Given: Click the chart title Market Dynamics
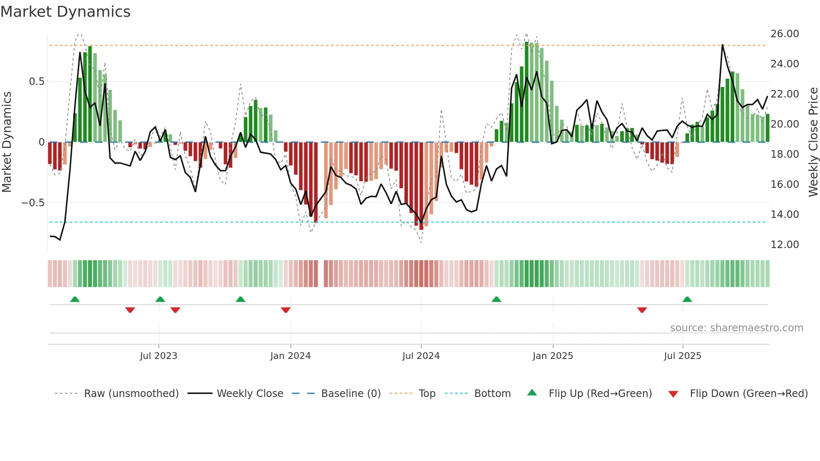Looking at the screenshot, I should (x=65, y=12).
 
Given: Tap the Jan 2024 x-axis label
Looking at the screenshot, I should (x=290, y=356).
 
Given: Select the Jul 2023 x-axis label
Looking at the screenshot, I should (x=159, y=356).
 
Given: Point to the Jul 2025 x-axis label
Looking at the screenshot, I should (x=682, y=356).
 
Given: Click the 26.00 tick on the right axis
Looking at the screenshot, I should (x=784, y=34).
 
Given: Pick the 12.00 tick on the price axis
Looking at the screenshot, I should (x=784, y=245).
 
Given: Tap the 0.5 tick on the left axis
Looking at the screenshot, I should (x=36, y=82).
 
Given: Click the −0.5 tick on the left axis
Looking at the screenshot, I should (x=33, y=203).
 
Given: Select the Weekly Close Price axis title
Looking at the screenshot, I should (x=813, y=142).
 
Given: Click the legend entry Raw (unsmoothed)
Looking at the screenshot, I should (x=131, y=394).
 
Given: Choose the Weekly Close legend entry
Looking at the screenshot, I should (x=250, y=394).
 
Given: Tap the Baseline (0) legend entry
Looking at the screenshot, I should (x=351, y=394).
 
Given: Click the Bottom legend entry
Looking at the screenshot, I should (x=492, y=394).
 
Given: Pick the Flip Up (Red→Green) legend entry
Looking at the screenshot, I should (x=600, y=394).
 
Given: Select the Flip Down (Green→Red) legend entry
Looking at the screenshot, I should (x=748, y=394).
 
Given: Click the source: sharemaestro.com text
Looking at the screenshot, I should (x=736, y=328).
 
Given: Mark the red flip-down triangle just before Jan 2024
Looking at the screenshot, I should (x=286, y=310).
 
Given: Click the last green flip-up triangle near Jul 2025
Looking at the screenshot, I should (x=687, y=299).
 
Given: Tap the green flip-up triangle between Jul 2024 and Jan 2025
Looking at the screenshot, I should (x=496, y=299).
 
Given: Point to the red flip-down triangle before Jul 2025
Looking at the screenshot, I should (x=642, y=310).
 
